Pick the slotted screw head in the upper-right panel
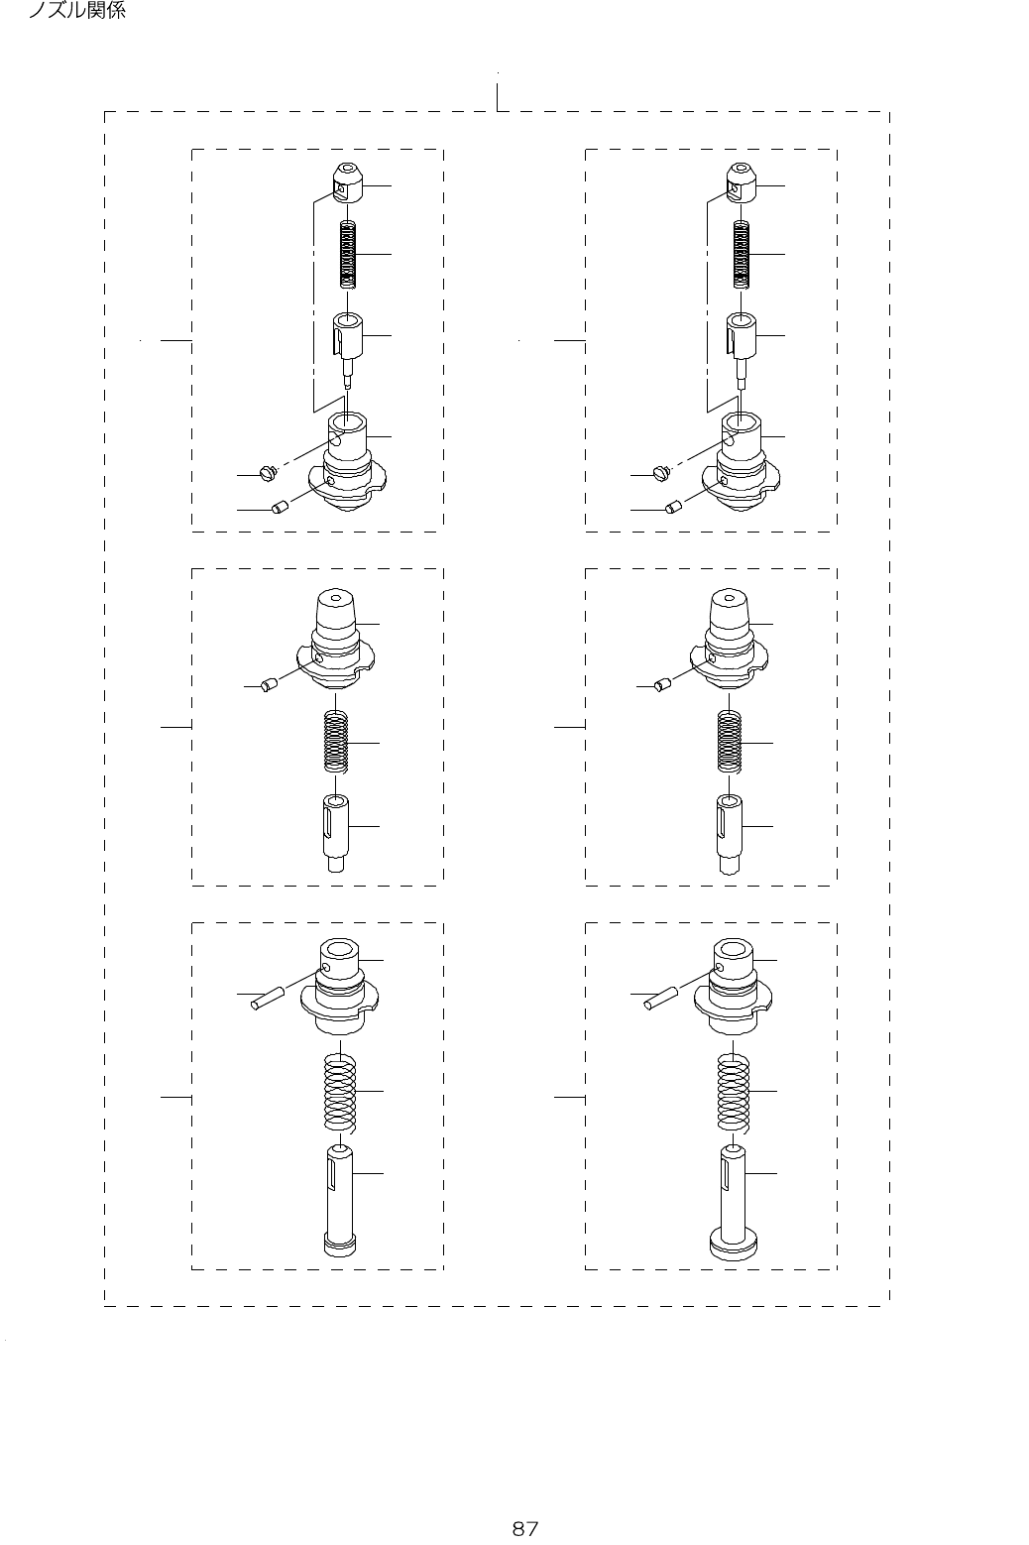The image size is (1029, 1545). pos(661,474)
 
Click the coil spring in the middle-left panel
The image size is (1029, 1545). pos(338,741)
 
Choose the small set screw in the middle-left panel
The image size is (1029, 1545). pos(267,684)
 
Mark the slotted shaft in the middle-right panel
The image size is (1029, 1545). pos(731,831)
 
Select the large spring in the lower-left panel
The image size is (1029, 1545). pos(339,1091)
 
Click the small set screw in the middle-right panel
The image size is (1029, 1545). pos(661,684)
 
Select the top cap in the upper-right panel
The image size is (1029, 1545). pos(741,181)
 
